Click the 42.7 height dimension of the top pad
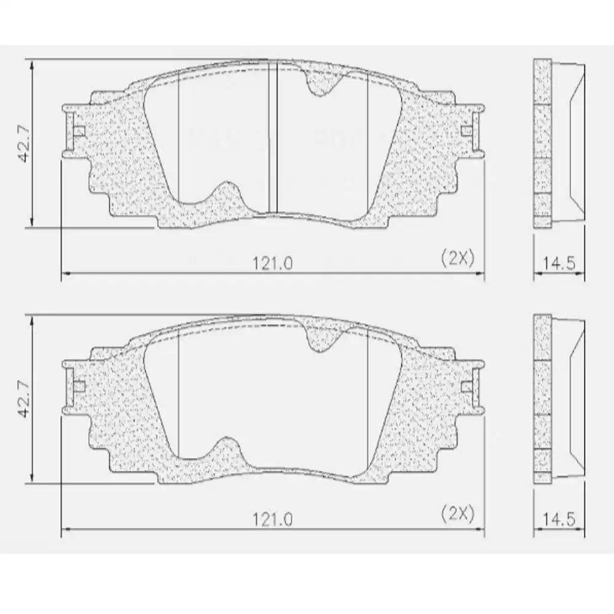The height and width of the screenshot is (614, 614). coord(24,148)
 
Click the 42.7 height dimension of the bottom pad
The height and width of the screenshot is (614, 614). coord(24,403)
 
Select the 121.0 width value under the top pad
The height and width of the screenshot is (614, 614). coord(272,263)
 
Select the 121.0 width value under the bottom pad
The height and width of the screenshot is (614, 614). coord(272,519)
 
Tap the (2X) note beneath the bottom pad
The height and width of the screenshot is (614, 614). coord(458,514)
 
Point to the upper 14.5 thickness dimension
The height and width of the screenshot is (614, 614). coord(559,265)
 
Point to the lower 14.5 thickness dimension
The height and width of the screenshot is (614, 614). coord(559,520)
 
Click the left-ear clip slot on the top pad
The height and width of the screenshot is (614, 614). coord(78,131)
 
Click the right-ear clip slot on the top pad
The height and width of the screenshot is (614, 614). coord(467,131)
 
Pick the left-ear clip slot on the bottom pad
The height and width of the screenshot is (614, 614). coord(78,386)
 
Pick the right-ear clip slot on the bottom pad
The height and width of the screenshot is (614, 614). coord(467,386)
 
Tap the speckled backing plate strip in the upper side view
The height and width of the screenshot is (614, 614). coord(542,141)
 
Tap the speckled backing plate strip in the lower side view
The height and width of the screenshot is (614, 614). coord(542,398)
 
